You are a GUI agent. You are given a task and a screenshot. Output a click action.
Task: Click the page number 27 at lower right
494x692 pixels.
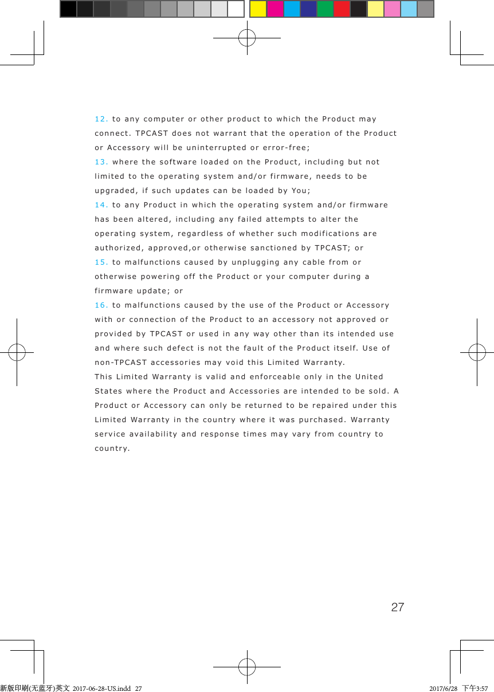[397, 607]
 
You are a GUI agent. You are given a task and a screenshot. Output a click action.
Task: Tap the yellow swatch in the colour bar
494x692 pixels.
[258, 9]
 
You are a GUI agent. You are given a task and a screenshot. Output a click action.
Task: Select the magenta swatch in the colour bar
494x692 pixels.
[275, 9]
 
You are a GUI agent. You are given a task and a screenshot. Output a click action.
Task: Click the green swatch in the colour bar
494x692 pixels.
[326, 9]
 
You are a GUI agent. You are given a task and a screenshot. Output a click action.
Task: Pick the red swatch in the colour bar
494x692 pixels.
[342, 9]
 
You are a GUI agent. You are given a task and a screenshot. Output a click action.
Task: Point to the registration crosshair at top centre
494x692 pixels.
[247, 38]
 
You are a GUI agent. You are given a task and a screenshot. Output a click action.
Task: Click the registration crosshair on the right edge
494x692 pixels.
[477, 352]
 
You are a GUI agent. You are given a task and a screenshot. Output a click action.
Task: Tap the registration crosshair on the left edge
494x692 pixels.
[17, 352]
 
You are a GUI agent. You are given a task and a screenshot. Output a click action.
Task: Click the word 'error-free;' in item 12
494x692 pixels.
[287, 148]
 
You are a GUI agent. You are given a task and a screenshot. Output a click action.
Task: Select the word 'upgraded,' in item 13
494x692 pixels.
[117, 191]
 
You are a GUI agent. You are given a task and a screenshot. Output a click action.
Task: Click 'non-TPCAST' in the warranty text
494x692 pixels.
[120, 363]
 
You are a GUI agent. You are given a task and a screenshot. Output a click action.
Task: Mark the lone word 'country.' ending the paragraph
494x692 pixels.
[112, 449]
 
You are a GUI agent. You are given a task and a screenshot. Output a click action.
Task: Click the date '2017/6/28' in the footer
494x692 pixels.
[444, 688]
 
